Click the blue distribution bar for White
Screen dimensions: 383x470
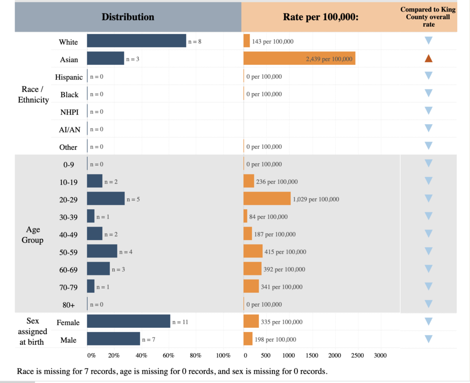pos(136,41)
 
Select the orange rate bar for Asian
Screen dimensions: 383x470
pos(299,58)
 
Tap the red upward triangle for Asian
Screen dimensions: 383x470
pos(428,58)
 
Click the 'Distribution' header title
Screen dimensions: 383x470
pos(128,17)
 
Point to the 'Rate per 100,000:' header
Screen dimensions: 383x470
pos(321,17)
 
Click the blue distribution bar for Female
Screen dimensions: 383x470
pos(129,321)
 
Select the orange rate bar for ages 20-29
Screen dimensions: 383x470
pos(267,199)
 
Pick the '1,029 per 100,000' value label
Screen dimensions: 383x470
pos(316,199)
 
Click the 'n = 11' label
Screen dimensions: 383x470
pos(180,322)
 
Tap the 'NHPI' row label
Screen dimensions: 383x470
pos(69,112)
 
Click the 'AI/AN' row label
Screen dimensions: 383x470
pos(69,130)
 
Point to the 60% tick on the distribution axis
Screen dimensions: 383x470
pos(168,355)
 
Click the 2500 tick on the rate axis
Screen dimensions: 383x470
pos(358,355)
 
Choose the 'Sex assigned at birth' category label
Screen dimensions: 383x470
pos(33,331)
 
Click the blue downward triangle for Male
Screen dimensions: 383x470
pos(428,339)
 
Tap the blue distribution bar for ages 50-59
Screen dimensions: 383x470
pos(102,251)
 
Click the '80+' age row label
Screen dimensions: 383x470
pos(69,305)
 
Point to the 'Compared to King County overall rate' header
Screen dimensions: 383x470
pos(425,17)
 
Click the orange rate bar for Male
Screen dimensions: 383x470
pos(248,339)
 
